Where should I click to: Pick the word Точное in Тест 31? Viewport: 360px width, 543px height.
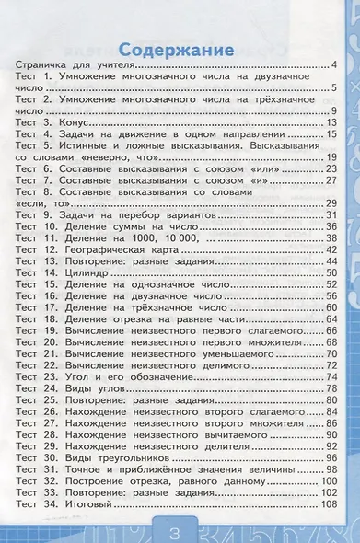pyautogui.click(x=84, y=470)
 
